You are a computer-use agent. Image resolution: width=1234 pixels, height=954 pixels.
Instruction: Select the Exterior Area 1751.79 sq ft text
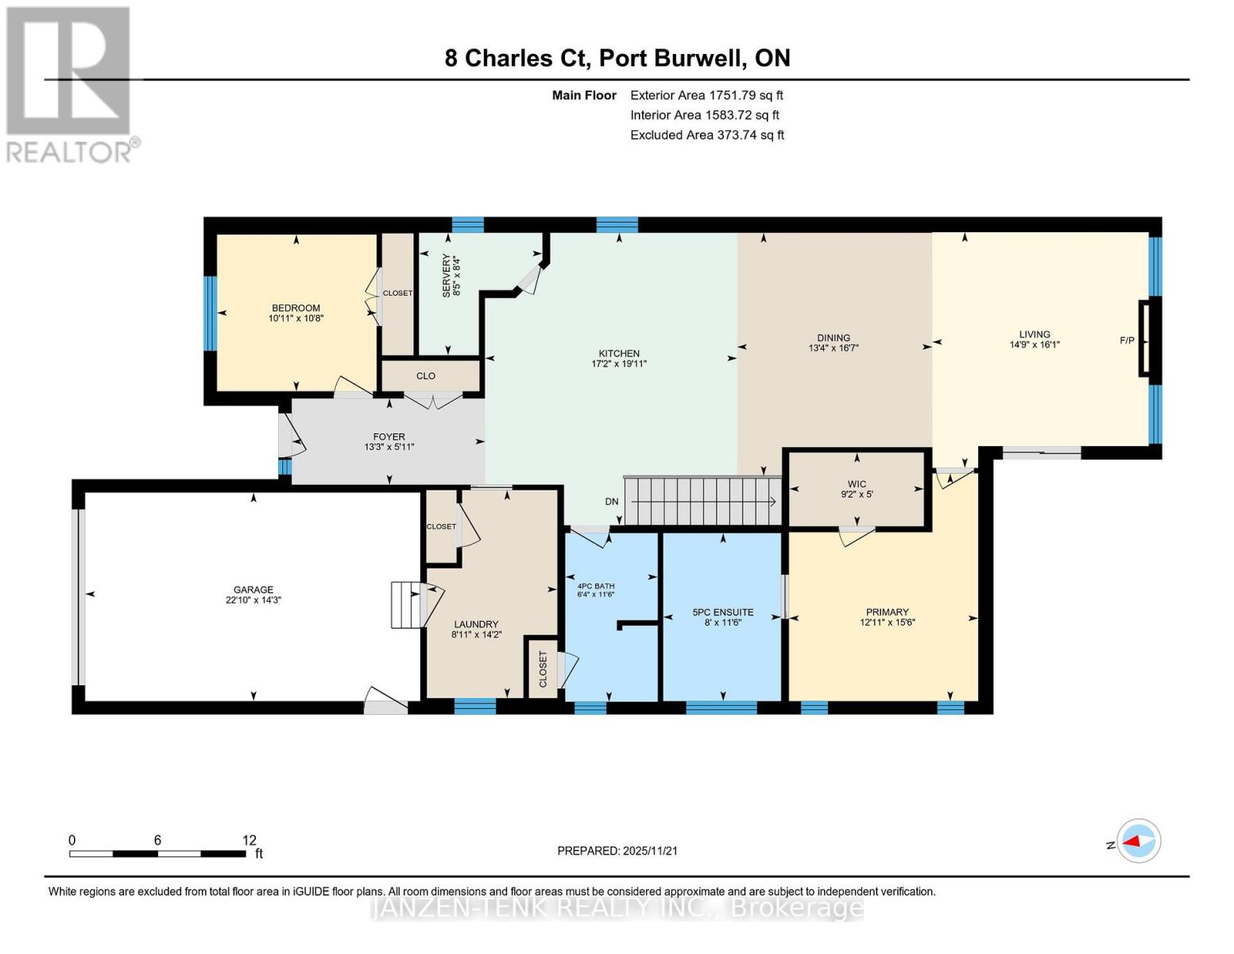click(706, 95)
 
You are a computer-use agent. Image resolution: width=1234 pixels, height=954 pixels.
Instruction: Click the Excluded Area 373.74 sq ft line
click(706, 135)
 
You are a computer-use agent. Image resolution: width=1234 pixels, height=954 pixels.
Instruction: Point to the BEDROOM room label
click(296, 308)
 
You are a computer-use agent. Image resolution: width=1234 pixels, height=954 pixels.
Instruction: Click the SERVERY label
click(446, 275)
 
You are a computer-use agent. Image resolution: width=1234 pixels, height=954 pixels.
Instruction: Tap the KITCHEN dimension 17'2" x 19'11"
click(619, 364)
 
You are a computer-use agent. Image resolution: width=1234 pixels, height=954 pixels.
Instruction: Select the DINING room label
click(834, 338)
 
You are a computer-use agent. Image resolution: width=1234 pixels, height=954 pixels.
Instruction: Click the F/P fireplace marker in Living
click(1127, 340)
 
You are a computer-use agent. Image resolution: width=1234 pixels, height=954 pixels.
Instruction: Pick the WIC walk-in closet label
click(857, 484)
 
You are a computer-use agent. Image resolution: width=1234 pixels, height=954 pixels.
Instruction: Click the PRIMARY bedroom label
click(887, 612)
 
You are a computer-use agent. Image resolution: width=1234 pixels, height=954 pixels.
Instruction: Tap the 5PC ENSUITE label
click(722, 612)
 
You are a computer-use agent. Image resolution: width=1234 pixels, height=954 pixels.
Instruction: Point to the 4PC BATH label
click(595, 587)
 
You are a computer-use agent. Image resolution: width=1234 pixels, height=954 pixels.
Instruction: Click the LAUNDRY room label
click(476, 624)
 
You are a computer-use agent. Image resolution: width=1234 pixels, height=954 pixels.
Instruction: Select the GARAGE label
click(253, 590)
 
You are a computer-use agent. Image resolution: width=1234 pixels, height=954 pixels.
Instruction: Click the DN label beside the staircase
click(612, 502)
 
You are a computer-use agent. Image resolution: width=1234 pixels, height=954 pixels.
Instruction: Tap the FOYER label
click(389, 436)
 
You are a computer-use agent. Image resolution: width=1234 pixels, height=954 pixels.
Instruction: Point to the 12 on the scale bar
click(250, 840)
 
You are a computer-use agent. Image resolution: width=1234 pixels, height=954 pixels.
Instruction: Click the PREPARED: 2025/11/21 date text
click(617, 851)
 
